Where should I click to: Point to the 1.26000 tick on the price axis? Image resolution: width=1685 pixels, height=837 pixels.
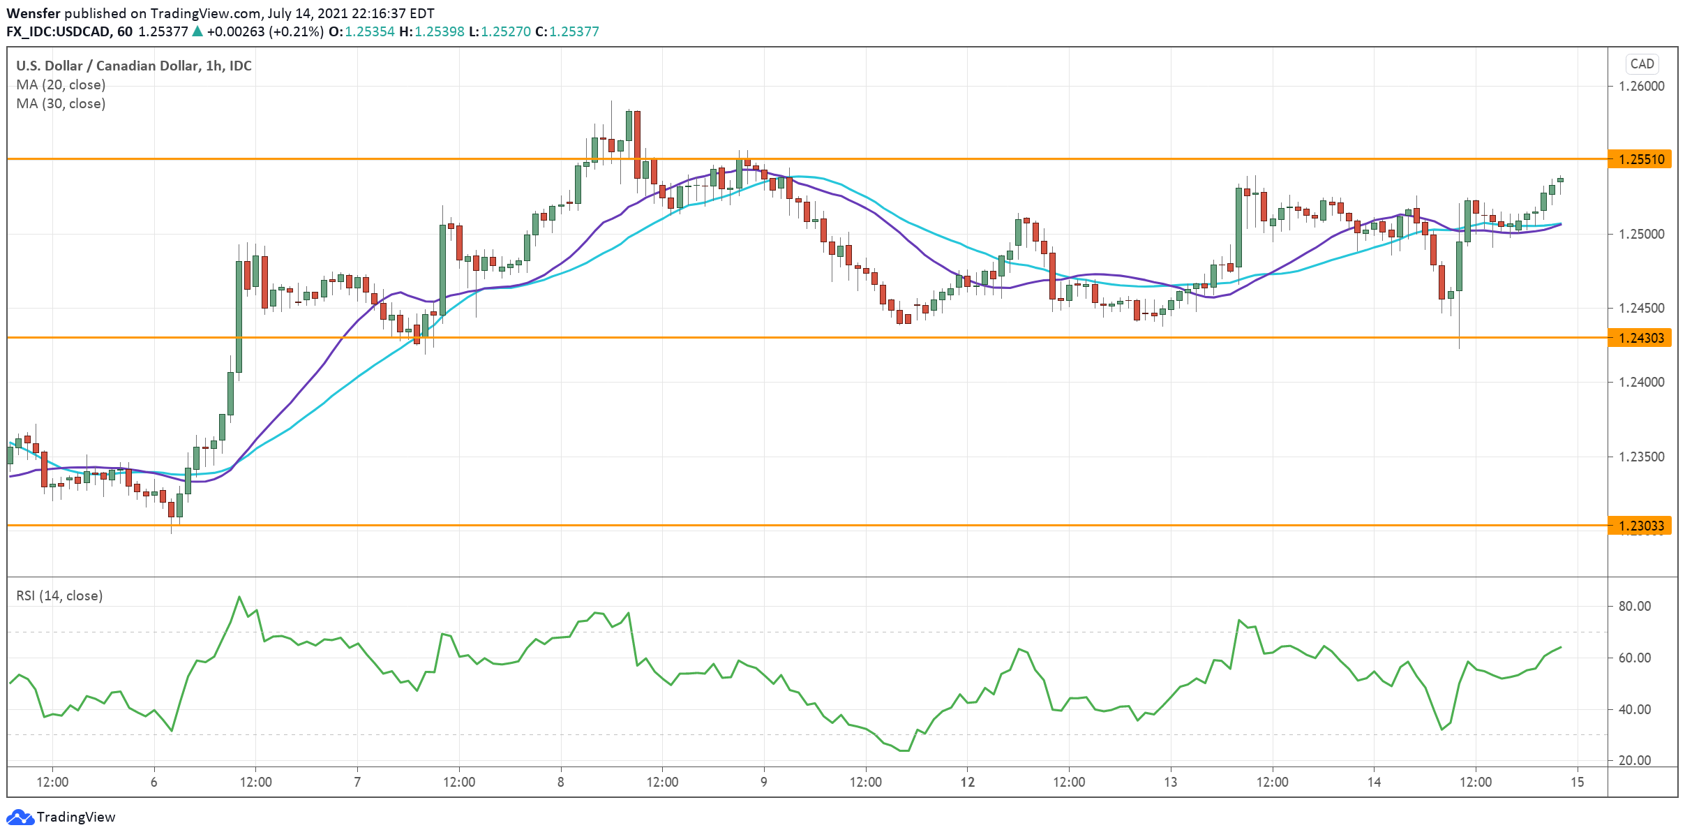[x=1641, y=86]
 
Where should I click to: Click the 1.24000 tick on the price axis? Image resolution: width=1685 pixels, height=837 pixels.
[x=1641, y=382]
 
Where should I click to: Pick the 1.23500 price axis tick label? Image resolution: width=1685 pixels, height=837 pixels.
[x=1641, y=457]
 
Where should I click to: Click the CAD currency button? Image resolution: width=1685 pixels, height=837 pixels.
[x=1642, y=64]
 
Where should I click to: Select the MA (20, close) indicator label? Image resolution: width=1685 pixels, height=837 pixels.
[x=61, y=84]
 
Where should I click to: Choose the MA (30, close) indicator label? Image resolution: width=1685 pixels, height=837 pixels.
[x=61, y=103]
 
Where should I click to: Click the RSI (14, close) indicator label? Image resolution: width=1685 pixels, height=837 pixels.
[x=59, y=595]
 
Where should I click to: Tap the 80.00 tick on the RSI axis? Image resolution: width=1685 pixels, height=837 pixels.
[x=1635, y=606]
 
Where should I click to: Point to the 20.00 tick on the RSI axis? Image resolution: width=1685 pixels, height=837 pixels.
[x=1635, y=760]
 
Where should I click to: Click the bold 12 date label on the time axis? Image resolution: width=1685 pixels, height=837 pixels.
[x=967, y=782]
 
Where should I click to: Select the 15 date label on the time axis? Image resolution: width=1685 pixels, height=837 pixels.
[x=1578, y=782]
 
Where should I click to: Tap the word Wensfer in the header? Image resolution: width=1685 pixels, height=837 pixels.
[x=33, y=13]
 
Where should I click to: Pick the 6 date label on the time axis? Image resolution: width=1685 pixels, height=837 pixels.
[x=154, y=782]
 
